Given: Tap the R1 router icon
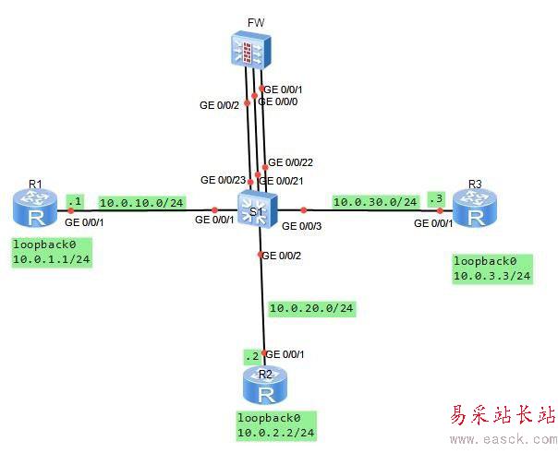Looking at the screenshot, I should point(35,209).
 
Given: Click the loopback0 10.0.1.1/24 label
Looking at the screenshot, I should point(51,253).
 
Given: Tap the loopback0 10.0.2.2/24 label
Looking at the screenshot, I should point(274,424).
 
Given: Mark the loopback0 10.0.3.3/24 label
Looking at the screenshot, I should point(491,268).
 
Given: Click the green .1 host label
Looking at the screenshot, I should point(75,198).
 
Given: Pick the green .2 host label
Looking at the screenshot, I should point(249,356).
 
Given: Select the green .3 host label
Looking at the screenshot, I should point(435,198).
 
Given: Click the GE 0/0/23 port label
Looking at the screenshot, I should point(224,180).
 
